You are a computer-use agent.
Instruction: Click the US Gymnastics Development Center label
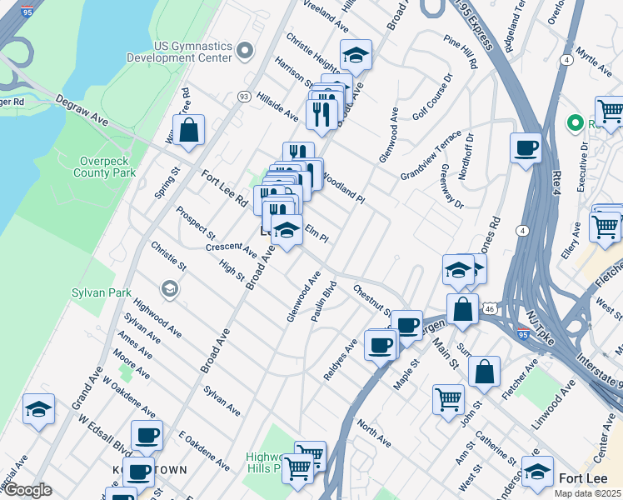(x=179, y=52)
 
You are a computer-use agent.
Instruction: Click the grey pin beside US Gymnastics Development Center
(x=244, y=52)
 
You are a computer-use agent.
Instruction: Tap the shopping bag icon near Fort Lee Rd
(x=189, y=131)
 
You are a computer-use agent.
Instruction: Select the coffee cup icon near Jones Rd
(x=526, y=148)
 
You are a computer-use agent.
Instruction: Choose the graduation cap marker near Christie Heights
(x=356, y=55)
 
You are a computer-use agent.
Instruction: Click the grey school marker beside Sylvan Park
(x=170, y=288)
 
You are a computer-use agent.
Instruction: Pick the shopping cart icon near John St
(x=448, y=399)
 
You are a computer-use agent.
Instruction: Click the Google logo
(x=27, y=490)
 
